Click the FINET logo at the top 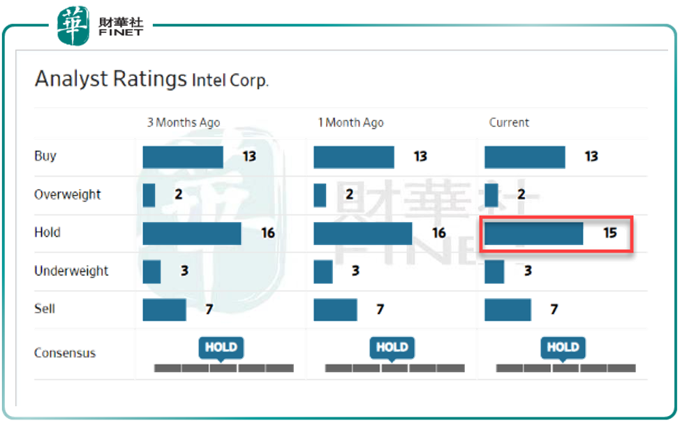pyautogui.click(x=100, y=26)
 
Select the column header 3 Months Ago pyautogui.click(x=183, y=122)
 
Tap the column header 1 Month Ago pyautogui.click(x=350, y=122)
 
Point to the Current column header pyautogui.click(x=509, y=122)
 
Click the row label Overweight pyautogui.click(x=67, y=195)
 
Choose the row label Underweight pyautogui.click(x=71, y=271)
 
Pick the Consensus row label pyautogui.click(x=65, y=352)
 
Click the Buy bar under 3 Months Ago pyautogui.click(x=183, y=157)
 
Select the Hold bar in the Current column pyautogui.click(x=533, y=233)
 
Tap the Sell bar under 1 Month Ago pyautogui.click(x=335, y=309)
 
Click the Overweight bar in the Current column pyautogui.click(x=491, y=195)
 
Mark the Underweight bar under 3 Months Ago pyautogui.click(x=151, y=271)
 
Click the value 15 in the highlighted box pyautogui.click(x=610, y=233)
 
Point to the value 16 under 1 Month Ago pyautogui.click(x=438, y=233)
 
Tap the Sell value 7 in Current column pyautogui.click(x=554, y=309)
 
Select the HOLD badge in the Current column pyautogui.click(x=563, y=347)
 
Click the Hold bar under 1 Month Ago pyautogui.click(x=363, y=233)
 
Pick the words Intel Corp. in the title pyautogui.click(x=230, y=80)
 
